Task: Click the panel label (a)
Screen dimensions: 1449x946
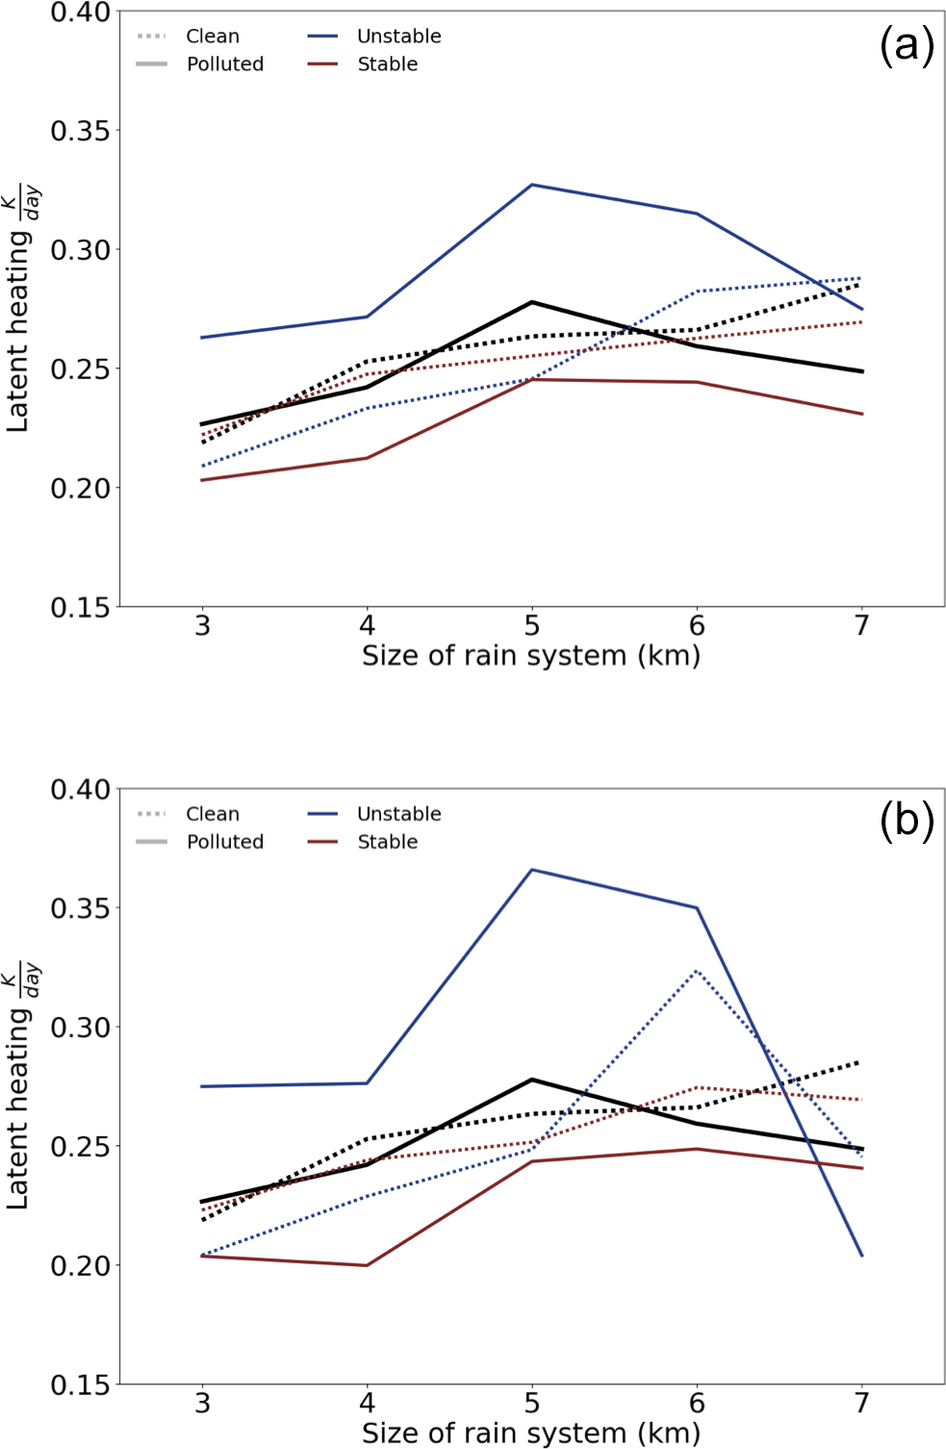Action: pyautogui.click(x=906, y=45)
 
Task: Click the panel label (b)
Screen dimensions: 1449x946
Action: pyautogui.click(x=906, y=822)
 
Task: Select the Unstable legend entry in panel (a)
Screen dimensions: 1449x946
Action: pyautogui.click(x=398, y=37)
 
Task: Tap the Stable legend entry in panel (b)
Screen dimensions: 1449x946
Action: pyautogui.click(x=387, y=842)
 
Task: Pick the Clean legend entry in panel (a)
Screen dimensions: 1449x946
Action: pyautogui.click(x=213, y=37)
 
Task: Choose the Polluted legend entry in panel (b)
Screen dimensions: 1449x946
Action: pyautogui.click(x=224, y=842)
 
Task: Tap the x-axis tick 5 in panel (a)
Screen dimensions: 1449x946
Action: pyautogui.click(x=532, y=626)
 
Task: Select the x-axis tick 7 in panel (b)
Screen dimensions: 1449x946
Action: pyautogui.click(x=862, y=1404)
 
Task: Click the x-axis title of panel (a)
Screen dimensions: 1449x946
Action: pyautogui.click(x=531, y=656)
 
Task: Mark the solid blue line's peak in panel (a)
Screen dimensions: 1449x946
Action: pyautogui.click(x=532, y=185)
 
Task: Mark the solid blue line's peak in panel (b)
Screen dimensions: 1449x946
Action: pyautogui.click(x=532, y=870)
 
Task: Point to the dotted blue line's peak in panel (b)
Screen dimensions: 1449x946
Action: pyautogui.click(x=697, y=971)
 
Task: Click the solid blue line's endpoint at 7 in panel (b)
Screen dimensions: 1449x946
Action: pyautogui.click(x=862, y=1256)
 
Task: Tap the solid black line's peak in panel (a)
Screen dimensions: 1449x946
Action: pyautogui.click(x=532, y=302)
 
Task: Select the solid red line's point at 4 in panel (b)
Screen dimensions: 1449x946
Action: pyautogui.click(x=367, y=1265)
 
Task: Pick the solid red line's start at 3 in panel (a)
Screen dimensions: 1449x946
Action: pyautogui.click(x=202, y=480)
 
